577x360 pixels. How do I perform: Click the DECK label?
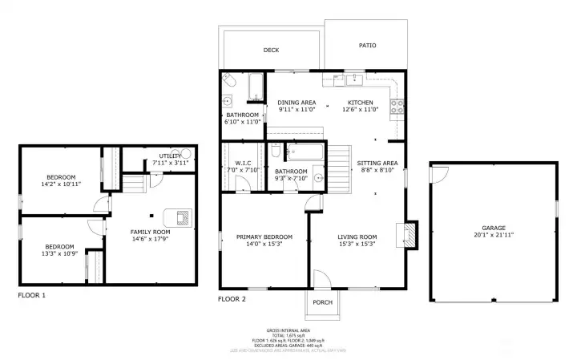point(271,50)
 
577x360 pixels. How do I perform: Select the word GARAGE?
point(493,228)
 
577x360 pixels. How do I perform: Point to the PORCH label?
point(322,302)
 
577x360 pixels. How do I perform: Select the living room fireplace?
point(410,233)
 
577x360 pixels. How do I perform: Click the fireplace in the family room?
point(180,216)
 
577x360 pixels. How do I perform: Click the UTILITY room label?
point(170,156)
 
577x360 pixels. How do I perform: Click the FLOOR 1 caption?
point(32,296)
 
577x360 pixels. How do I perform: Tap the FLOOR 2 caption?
point(232,299)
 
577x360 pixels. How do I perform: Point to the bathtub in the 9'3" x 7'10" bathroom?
point(305,150)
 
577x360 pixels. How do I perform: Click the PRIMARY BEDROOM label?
point(264,237)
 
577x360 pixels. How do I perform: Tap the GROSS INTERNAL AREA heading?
point(288,330)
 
